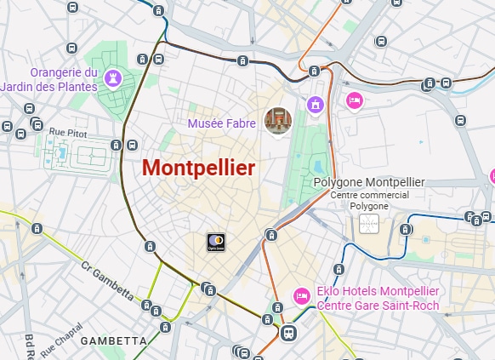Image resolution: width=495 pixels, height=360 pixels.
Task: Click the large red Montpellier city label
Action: tap(198, 168)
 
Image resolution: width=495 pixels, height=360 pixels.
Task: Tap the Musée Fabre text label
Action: tap(222, 123)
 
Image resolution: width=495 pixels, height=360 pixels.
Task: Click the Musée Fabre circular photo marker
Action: tap(277, 121)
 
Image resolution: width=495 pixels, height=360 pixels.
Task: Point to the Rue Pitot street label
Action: tap(68, 131)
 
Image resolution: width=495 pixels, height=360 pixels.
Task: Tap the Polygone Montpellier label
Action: tap(368, 182)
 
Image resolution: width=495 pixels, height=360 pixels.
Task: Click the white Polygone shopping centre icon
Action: tap(369, 224)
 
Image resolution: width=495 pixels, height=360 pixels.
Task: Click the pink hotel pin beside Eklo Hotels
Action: tap(300, 295)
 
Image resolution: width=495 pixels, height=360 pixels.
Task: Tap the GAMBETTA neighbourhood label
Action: tap(113, 340)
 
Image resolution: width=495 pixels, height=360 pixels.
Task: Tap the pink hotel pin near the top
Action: tap(355, 101)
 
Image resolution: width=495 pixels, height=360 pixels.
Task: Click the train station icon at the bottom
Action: tap(288, 334)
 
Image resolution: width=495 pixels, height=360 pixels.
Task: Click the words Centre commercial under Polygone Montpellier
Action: tap(369, 195)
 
